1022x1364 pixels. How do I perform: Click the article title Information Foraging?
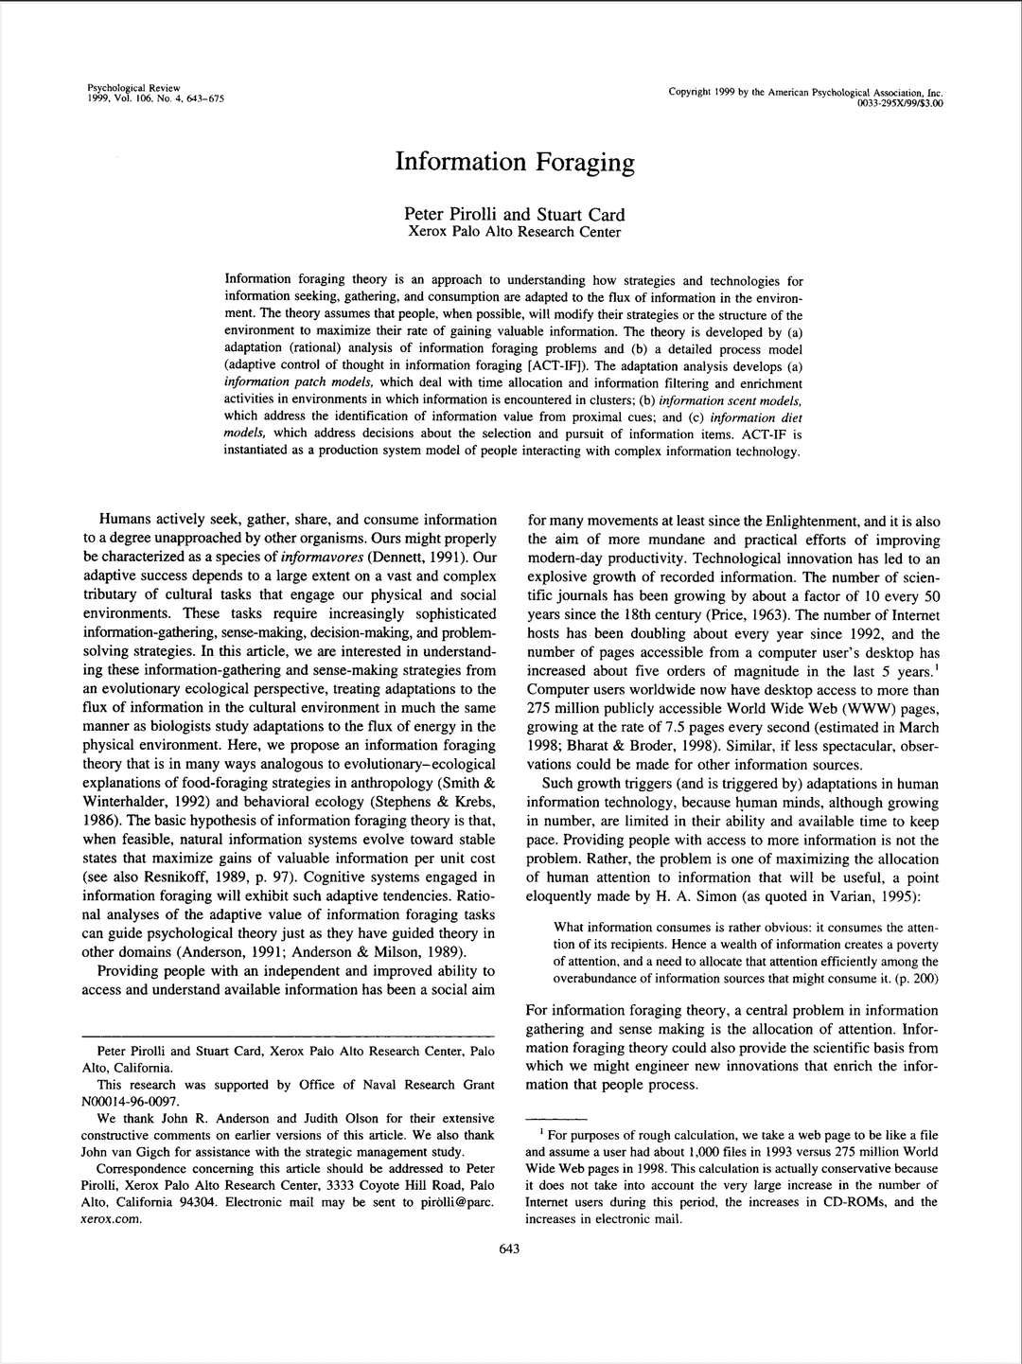coord(514,162)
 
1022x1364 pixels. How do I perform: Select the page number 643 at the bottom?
coord(509,1249)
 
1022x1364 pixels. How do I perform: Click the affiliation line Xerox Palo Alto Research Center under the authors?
coord(514,232)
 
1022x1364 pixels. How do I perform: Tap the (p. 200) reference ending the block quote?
coord(909,978)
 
